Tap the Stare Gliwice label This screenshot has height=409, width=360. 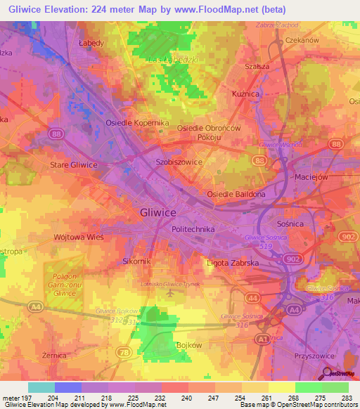pos(73,164)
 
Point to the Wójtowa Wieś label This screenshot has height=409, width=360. pos(79,238)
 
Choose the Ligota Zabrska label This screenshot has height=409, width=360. pos(234,262)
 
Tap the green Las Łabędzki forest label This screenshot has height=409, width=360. pos(172,60)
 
